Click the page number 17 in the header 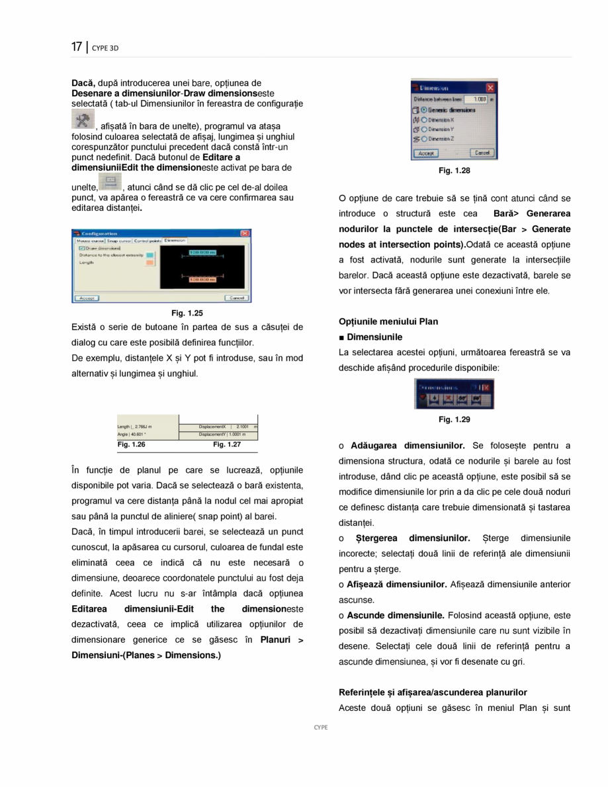click(77, 47)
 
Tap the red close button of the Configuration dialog click(245, 233)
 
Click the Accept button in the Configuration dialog click(86, 298)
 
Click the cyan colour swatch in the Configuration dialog click(150, 254)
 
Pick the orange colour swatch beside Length click(150, 263)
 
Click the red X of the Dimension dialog click(490, 87)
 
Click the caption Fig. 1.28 click(455, 171)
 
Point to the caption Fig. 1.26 click(131, 444)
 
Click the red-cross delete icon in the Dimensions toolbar click(448, 399)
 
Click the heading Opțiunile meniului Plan click(388, 321)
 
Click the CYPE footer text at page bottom click(320, 727)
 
